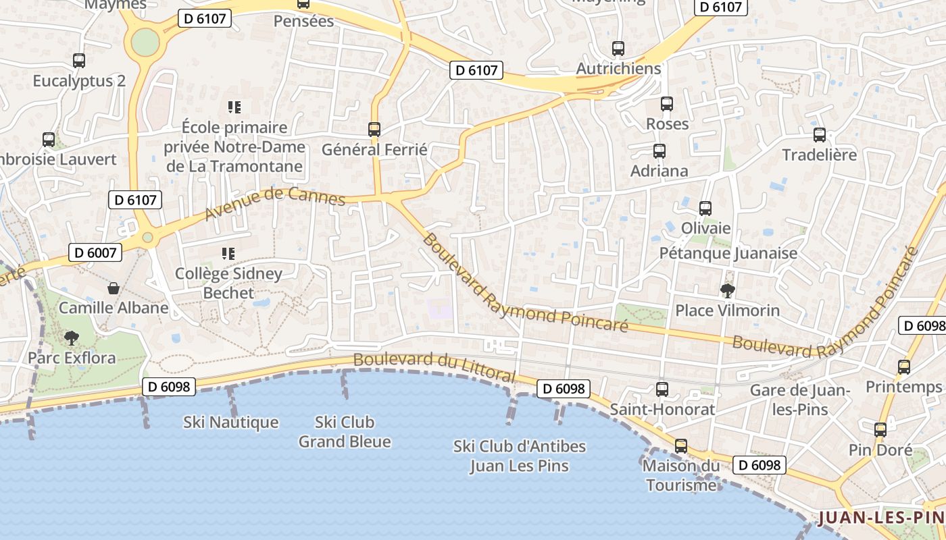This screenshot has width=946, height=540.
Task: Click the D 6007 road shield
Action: [x=96, y=253]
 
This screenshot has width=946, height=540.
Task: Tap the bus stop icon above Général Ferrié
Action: [x=374, y=129]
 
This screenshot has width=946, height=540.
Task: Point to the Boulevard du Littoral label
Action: [x=434, y=367]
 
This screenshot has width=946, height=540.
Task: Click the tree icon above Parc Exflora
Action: [x=71, y=337]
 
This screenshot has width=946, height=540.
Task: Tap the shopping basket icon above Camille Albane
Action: [x=114, y=288]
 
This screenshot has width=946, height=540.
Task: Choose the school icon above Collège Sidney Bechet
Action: [x=228, y=254]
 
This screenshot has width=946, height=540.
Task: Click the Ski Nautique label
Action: [x=231, y=423]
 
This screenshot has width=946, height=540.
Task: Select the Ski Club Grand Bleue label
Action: [x=345, y=432]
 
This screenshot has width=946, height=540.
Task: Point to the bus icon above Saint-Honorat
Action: [x=662, y=389]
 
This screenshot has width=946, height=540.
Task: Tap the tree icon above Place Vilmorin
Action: [x=728, y=291]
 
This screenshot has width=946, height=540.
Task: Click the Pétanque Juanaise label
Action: [x=728, y=253]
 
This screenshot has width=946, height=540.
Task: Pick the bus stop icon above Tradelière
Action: [x=819, y=135]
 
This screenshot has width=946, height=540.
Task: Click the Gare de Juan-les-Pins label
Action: [x=800, y=400]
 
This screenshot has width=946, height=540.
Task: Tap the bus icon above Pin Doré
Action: [x=880, y=430]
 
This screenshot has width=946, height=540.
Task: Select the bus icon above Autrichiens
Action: [x=618, y=49]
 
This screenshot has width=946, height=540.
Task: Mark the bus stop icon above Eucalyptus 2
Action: [x=79, y=61]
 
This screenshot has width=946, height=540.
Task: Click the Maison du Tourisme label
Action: [x=681, y=475]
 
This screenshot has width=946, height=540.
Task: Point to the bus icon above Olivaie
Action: [x=705, y=209]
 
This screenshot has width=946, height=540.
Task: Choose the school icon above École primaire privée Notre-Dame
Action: [x=234, y=107]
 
